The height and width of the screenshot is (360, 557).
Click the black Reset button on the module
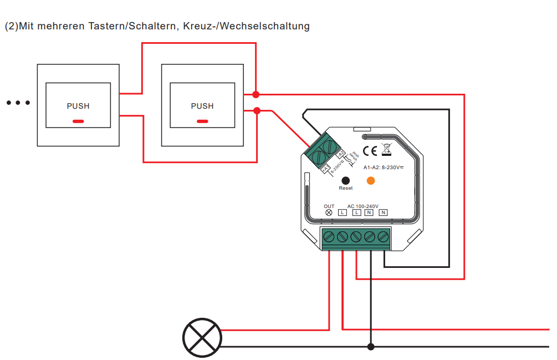tap(346, 180)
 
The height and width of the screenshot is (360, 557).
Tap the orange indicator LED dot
tap(371, 180)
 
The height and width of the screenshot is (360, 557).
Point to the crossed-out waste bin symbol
tap(387, 149)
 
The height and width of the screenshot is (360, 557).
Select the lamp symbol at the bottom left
tap(202, 338)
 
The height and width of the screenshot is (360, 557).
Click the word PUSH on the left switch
tap(78, 106)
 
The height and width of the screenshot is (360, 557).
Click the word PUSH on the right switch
tap(202, 106)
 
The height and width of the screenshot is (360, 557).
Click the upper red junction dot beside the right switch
tap(255, 94)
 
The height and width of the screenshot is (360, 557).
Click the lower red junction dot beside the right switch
tap(257, 111)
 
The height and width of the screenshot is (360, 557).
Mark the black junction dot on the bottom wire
tap(371, 347)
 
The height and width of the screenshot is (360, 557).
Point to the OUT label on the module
tap(329, 206)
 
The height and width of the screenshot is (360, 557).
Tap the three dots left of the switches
tap(18, 103)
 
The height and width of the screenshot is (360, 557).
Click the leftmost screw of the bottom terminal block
tap(329, 237)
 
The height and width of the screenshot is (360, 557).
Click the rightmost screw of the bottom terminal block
tap(383, 237)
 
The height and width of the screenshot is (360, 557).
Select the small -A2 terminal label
tap(341, 154)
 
